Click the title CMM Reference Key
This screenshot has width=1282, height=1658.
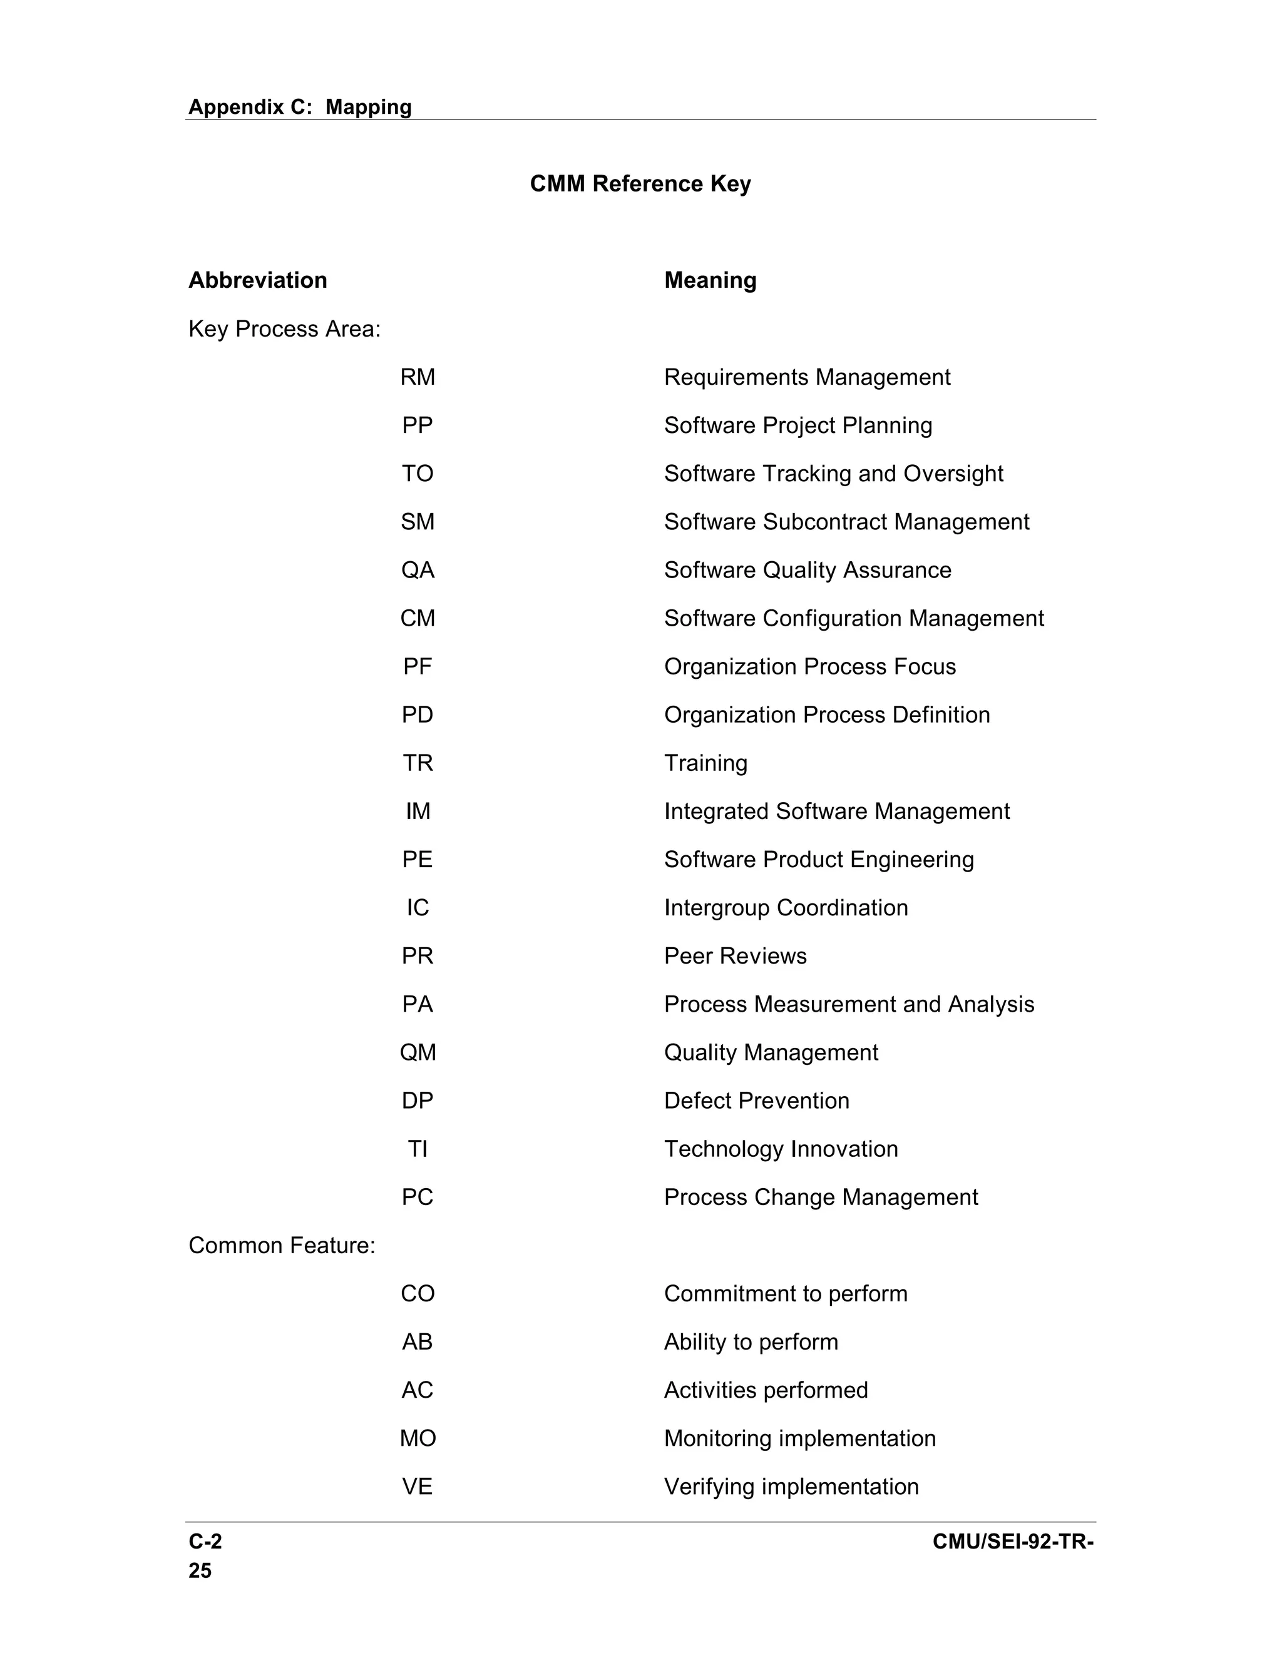click(640, 184)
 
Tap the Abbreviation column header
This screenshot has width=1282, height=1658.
click(257, 280)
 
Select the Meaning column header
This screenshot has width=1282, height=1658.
click(710, 280)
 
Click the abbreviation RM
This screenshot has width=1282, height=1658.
click(418, 377)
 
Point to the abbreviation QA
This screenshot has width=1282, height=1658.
click(418, 570)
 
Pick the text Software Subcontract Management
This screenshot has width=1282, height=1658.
click(846, 522)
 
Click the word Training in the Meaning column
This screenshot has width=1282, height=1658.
click(705, 763)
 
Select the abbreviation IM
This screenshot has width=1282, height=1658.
click(418, 811)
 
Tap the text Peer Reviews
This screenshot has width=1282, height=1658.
click(735, 956)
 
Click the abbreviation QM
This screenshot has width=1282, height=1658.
click(418, 1052)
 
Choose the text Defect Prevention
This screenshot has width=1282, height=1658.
click(756, 1101)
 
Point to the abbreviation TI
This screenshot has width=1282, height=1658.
click(418, 1149)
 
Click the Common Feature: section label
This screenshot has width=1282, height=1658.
click(282, 1245)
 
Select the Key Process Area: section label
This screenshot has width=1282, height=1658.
click(284, 328)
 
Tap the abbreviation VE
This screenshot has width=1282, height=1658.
click(418, 1487)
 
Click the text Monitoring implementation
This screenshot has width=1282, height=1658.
click(800, 1438)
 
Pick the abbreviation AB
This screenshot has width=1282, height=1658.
click(418, 1341)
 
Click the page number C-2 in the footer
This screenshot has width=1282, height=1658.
click(205, 1542)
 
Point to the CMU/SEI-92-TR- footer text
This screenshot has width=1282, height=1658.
click(1013, 1542)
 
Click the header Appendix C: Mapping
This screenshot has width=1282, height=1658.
click(300, 107)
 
